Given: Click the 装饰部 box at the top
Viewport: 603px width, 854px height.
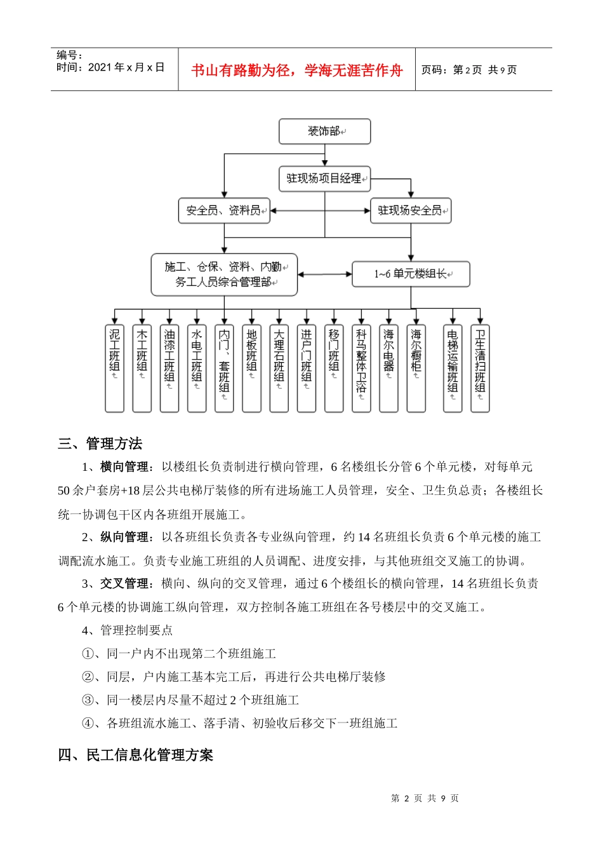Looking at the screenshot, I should click(324, 132).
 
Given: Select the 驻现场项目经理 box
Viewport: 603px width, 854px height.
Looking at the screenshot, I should click(324, 179).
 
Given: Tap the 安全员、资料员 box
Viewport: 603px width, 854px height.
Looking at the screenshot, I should click(224, 210).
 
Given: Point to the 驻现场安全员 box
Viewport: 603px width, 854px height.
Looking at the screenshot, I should click(410, 210).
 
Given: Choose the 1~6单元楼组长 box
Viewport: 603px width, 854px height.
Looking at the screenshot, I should click(411, 274).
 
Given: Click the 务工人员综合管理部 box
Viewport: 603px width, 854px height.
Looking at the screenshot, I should click(224, 274).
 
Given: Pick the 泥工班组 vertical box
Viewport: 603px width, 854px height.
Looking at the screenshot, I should click(114, 368).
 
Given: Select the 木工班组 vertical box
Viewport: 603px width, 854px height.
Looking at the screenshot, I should click(142, 368).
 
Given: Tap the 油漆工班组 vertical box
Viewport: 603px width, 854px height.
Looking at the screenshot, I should click(169, 368).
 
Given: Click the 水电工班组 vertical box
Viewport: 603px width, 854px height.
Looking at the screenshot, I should click(197, 368).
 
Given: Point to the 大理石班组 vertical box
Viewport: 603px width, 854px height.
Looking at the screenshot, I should click(279, 368).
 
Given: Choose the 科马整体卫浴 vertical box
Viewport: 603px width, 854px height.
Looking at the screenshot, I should click(361, 368).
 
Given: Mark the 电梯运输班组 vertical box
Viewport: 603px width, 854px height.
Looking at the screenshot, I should click(453, 368).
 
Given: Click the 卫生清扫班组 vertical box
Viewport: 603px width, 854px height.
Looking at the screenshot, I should click(480, 368).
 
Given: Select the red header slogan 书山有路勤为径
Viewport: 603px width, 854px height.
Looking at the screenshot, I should click(297, 71).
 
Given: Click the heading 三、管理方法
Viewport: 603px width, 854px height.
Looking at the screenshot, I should click(100, 444).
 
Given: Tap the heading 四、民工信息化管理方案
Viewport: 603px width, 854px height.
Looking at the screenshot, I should click(136, 755).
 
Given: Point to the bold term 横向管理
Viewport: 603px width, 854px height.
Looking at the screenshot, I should click(124, 467).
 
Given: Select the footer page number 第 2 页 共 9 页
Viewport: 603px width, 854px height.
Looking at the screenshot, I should click(425, 798).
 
